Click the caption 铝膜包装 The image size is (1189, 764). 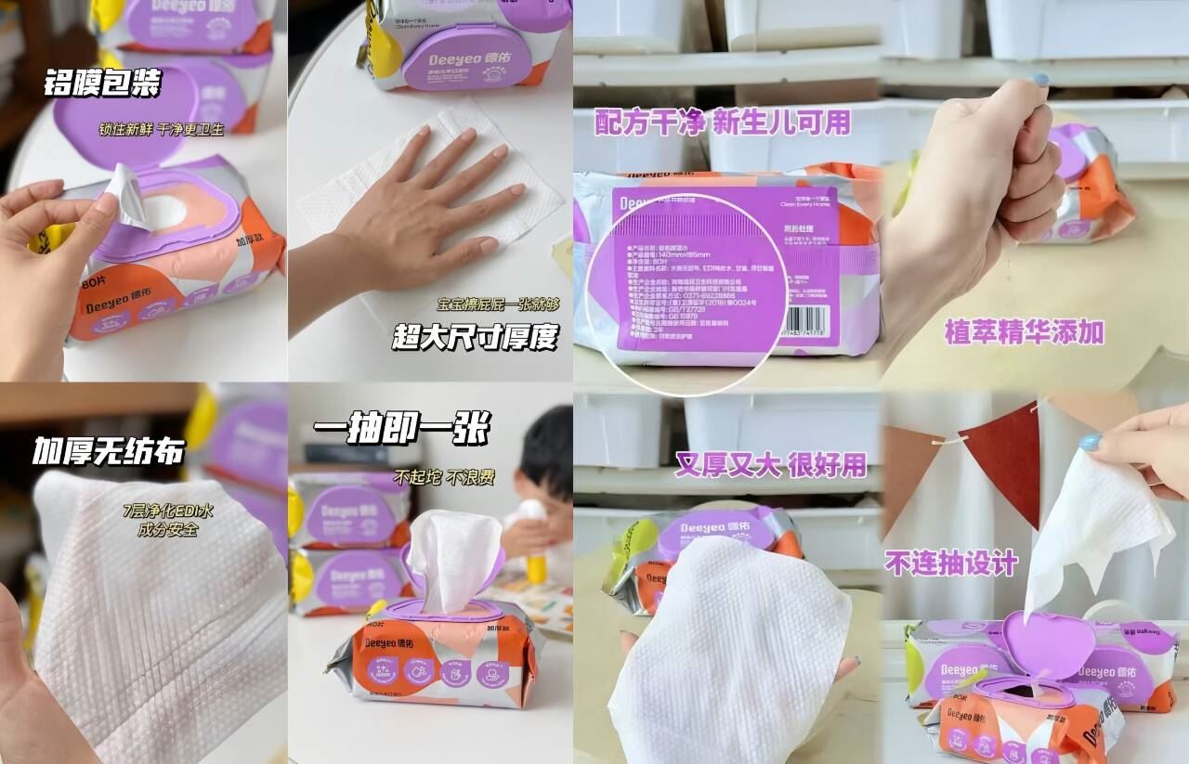pos(102,84)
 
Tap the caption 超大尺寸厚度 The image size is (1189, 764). pos(475,337)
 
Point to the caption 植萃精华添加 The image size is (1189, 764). pos(1024,331)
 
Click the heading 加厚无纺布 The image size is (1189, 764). pos(108,451)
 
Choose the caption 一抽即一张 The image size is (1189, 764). pos(400,429)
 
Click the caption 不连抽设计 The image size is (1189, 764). pos(950,563)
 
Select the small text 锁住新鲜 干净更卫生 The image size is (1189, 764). pos(162,129)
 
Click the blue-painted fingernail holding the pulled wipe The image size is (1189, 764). pos(1089,442)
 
